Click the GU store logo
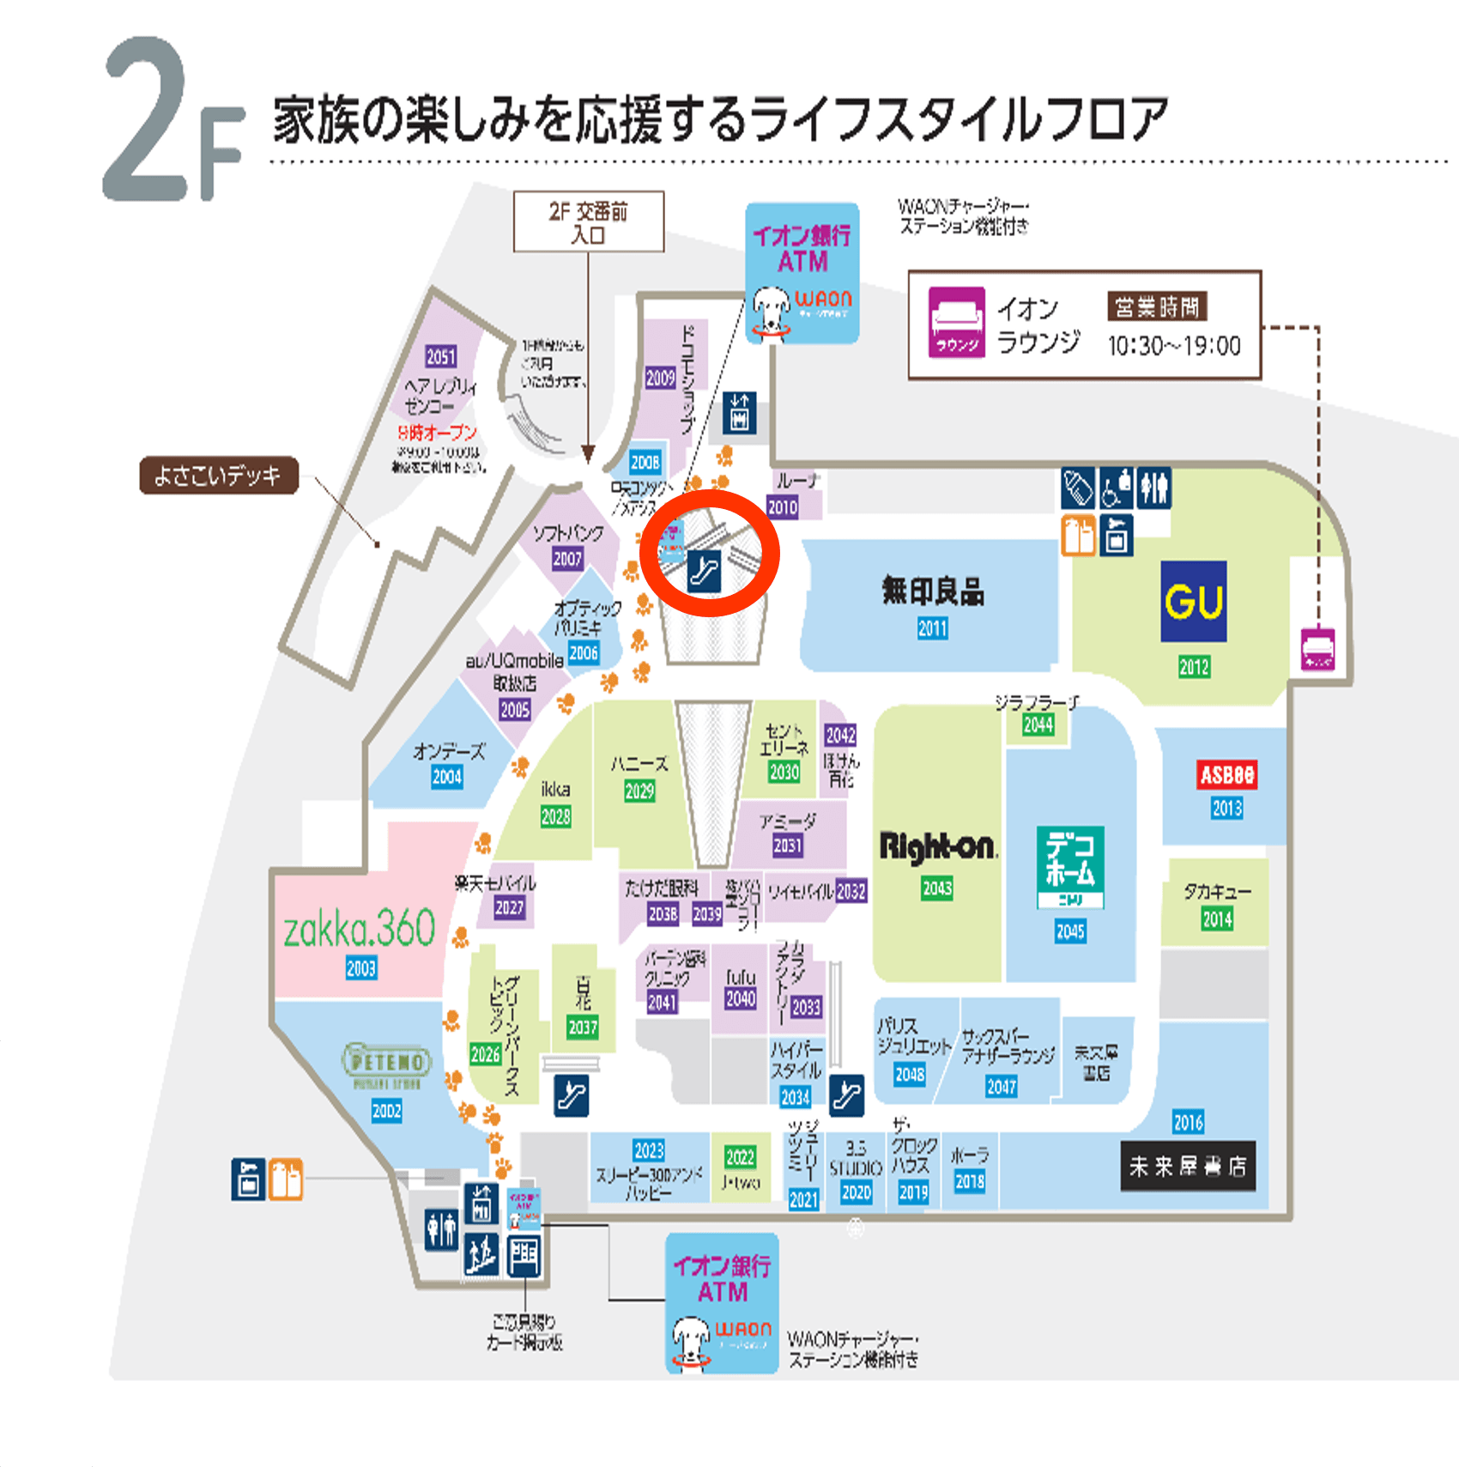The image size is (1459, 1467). pyautogui.click(x=1193, y=601)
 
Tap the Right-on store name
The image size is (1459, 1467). pyautogui.click(x=937, y=847)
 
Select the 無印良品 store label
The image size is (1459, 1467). pyautogui.click(x=932, y=591)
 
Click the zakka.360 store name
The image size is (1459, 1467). pyautogui.click(x=360, y=928)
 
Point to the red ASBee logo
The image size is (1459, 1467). pyautogui.click(x=1226, y=775)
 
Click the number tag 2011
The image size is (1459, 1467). pyautogui.click(x=932, y=628)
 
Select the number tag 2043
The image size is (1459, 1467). pyautogui.click(x=937, y=888)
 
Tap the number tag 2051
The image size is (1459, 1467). pyautogui.click(x=441, y=357)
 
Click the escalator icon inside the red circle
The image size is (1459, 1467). pyautogui.click(x=704, y=571)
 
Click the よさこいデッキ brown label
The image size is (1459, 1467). pyautogui.click(x=219, y=476)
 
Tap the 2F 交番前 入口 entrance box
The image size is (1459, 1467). pyautogui.click(x=589, y=222)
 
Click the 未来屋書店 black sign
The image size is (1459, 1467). pyautogui.click(x=1188, y=1166)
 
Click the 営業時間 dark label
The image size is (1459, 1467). pyautogui.click(x=1157, y=306)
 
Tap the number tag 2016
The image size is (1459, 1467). pyautogui.click(x=1188, y=1122)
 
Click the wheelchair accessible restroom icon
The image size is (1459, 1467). pyautogui.click(x=1116, y=488)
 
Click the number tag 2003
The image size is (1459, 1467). pyautogui.click(x=361, y=968)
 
